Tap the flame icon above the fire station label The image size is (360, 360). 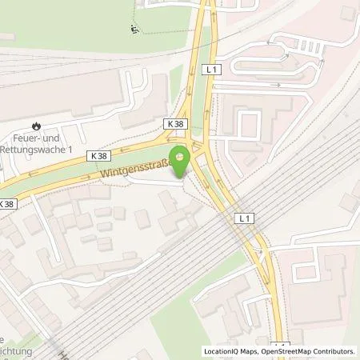[36, 125]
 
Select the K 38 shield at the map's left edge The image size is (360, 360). [6, 204]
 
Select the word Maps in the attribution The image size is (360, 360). [250, 351]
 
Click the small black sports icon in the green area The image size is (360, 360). [134, 31]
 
